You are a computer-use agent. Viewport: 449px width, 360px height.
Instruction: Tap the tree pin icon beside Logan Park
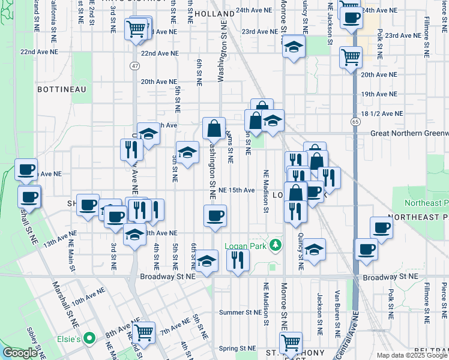coord(276,245)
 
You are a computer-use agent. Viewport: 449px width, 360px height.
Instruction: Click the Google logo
coord(20,353)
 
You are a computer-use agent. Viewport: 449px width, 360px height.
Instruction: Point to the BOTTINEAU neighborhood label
coord(62,89)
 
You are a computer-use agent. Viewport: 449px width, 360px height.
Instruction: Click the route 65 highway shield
coord(355,121)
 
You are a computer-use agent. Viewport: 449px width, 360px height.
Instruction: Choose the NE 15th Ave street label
coord(237,190)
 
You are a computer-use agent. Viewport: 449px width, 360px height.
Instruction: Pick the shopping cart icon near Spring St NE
coord(291,343)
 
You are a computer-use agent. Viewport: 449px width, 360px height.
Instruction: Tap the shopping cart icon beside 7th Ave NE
coord(144,331)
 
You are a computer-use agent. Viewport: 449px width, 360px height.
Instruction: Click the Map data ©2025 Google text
coord(412,355)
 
